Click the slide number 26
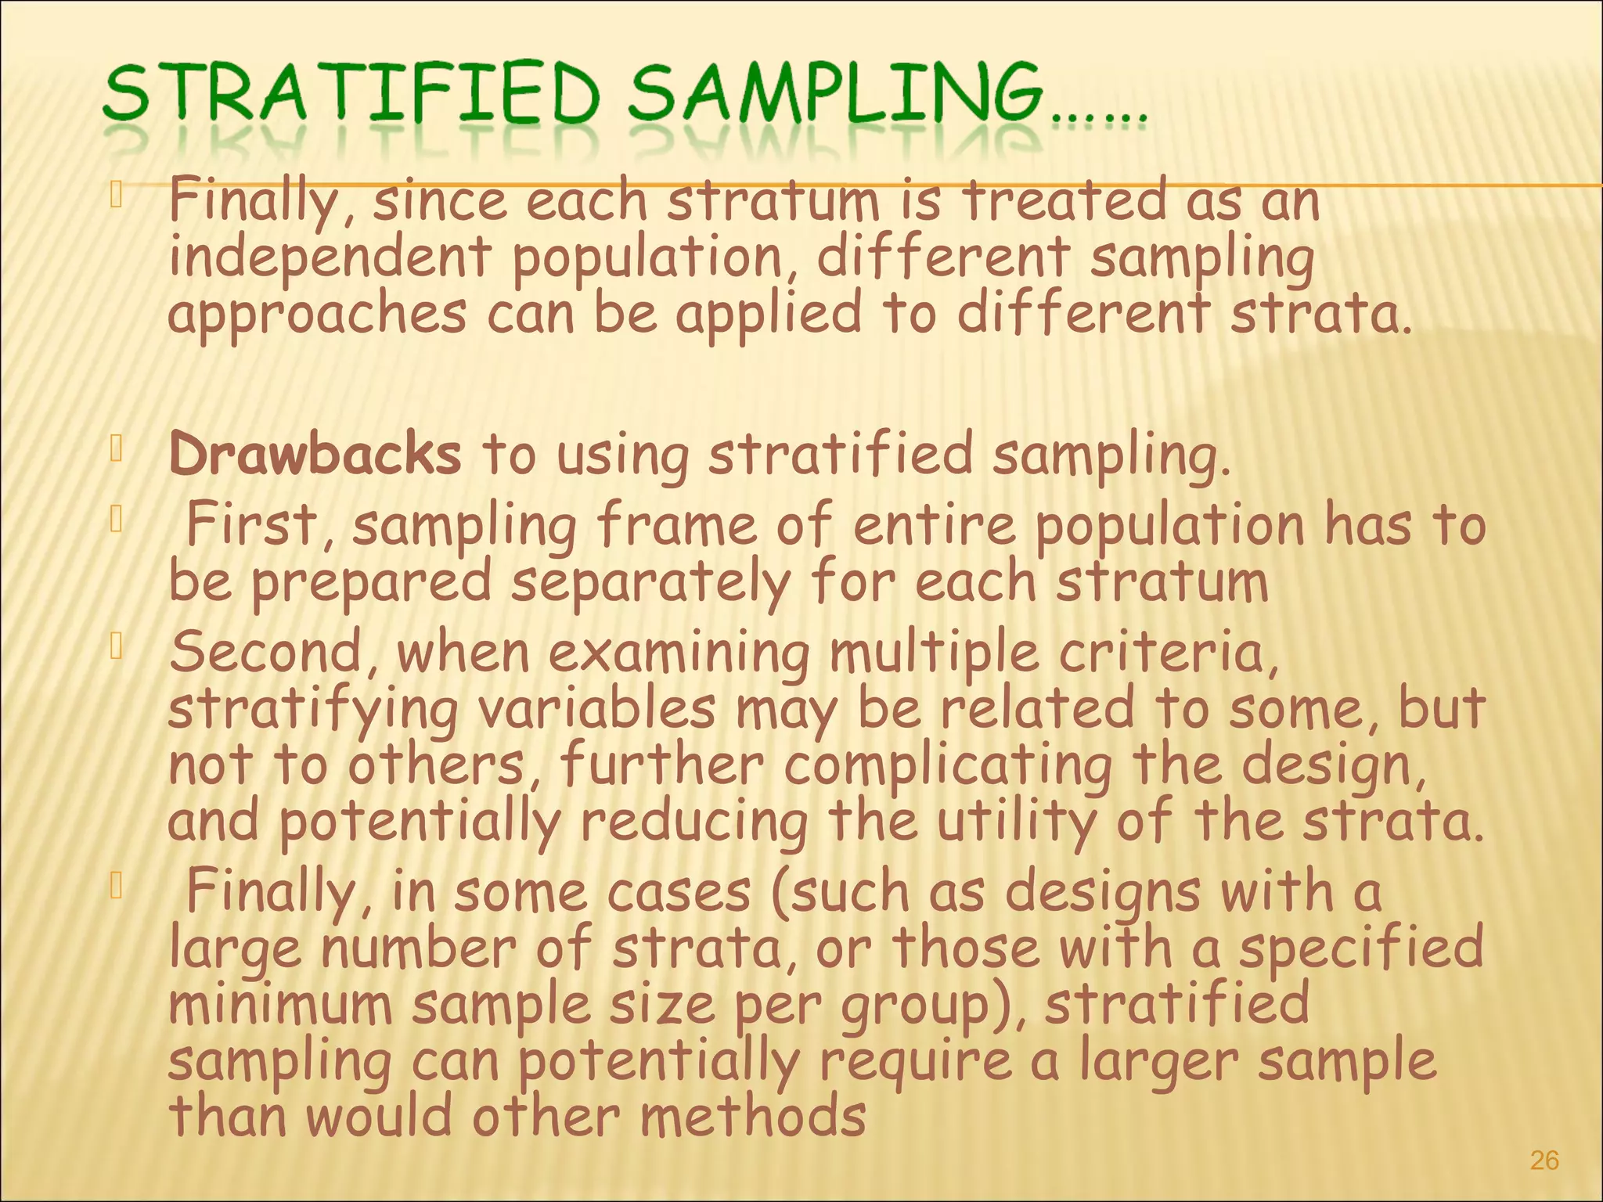[x=1544, y=1161]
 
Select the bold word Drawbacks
[x=315, y=455]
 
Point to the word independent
[x=330, y=259]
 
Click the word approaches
[x=317, y=315]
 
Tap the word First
[x=252, y=525]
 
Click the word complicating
[x=948, y=766]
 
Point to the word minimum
[x=280, y=1005]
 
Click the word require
[x=915, y=1062]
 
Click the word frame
[x=676, y=525]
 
